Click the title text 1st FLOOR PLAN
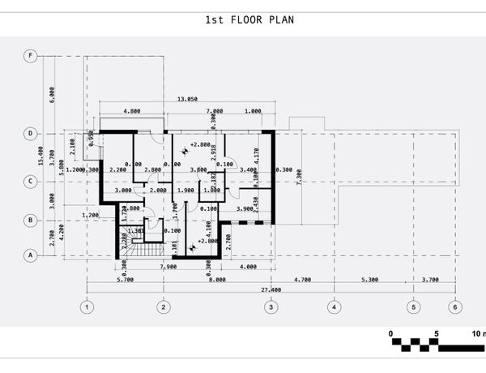[x=243, y=19]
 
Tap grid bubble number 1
[x=87, y=307]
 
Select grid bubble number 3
[x=271, y=307]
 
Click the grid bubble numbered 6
[x=455, y=307]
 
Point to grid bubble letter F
[x=31, y=56]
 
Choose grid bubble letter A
[x=31, y=255]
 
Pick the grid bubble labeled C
[x=31, y=182]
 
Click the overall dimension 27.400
[x=271, y=289]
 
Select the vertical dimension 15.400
[x=40, y=154]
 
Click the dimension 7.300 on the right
[x=300, y=177]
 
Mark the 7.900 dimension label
[x=168, y=267]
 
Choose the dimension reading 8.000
[x=216, y=280]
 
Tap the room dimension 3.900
[x=245, y=209]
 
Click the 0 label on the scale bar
[x=390, y=333]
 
